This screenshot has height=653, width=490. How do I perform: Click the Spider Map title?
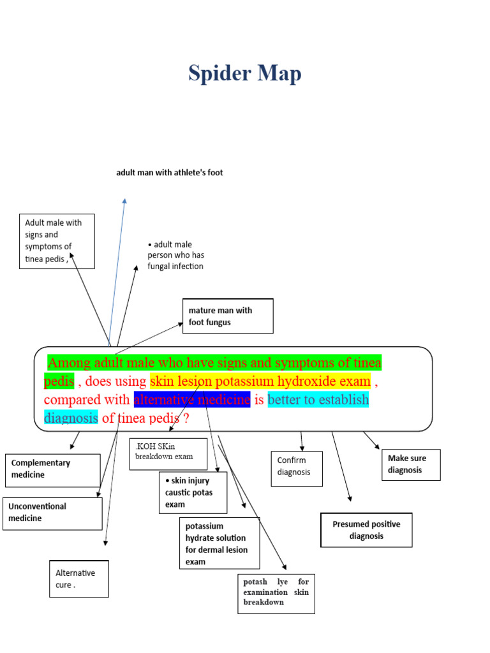244,74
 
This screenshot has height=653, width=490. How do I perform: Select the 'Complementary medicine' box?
53,470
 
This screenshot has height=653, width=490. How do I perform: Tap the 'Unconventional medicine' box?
52,513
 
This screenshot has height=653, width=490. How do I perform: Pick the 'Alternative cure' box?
79,578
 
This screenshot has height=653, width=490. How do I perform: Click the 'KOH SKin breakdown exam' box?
168,453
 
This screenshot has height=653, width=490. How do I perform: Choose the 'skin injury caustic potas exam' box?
193,492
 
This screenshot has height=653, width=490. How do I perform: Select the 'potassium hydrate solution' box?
219,543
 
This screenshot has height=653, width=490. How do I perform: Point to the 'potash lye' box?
276,592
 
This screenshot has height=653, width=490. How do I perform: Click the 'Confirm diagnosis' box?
297,468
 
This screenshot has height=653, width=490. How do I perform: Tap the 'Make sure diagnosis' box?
411,464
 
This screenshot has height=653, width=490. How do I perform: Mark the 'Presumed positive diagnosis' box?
366,530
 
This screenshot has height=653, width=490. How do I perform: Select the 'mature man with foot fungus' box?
228,316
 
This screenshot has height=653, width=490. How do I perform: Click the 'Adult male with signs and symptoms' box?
57,241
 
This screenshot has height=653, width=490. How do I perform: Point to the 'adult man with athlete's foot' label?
170,173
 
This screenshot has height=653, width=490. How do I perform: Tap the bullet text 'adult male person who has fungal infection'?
175,255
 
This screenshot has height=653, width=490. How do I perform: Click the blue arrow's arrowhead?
124,202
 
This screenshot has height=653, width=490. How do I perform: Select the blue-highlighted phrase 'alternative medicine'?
192,400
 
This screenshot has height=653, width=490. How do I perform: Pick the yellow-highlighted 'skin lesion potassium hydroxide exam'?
260,382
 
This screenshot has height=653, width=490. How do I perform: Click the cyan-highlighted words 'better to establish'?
318,400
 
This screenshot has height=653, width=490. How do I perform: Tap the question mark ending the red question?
186,419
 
